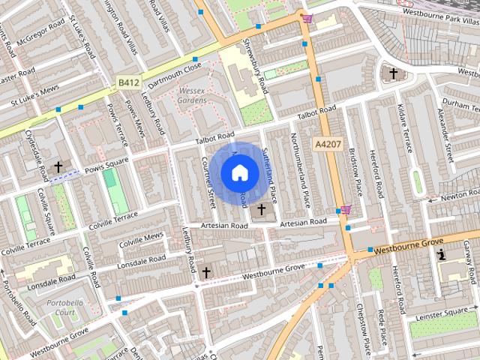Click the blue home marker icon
(238, 173)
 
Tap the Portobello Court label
(64, 307)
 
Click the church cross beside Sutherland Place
(261, 209)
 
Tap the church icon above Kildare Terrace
(392, 73)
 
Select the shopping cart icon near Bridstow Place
(344, 209)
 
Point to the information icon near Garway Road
(442, 255)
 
